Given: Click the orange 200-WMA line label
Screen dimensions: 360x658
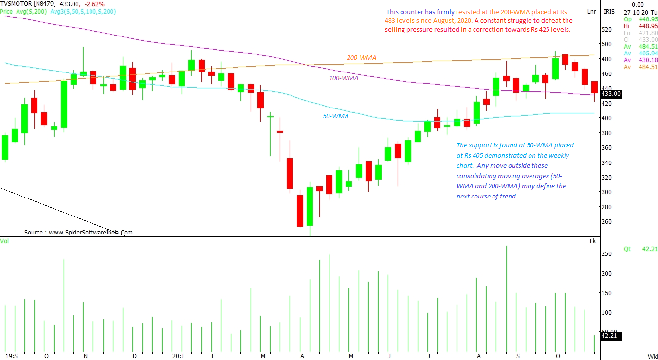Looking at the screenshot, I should point(361,58).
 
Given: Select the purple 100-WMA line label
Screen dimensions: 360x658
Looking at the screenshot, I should point(344,78).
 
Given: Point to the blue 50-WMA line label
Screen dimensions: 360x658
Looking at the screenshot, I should point(335,116).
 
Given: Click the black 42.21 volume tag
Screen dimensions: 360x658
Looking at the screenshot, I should point(611,336).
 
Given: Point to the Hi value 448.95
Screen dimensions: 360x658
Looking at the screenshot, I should point(647,26).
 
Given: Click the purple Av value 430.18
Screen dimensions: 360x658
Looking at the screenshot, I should point(647,60).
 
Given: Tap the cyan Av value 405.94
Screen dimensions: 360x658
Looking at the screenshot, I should point(647,53).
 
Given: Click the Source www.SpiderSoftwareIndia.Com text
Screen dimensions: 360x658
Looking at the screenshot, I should point(78,233).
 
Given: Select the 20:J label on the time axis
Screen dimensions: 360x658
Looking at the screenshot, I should point(178,356).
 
